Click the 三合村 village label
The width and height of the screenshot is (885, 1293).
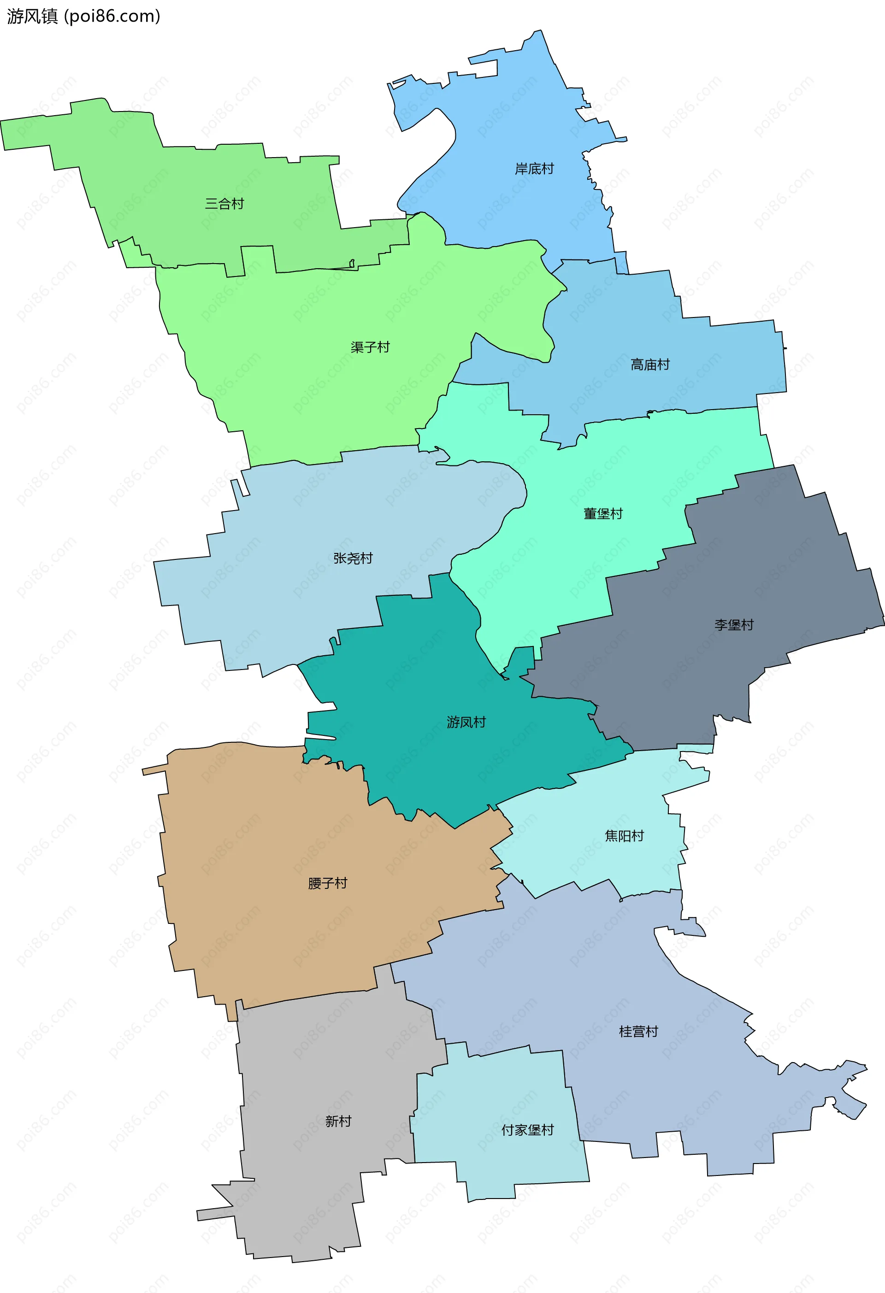point(224,204)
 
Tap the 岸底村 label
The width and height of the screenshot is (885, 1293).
point(534,169)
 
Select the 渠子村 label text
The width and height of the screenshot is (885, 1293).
point(370,347)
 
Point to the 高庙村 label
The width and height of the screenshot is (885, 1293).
point(649,364)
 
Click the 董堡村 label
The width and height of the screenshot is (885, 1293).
point(603,513)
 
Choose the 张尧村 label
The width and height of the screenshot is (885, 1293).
point(353,558)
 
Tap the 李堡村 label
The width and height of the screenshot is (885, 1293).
point(734,625)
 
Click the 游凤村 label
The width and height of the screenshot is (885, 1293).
point(466,722)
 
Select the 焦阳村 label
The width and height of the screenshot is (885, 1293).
point(624,836)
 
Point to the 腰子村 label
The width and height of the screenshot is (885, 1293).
point(327,883)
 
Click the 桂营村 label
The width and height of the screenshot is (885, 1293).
point(638,1032)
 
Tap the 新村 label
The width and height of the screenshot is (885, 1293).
point(338,1121)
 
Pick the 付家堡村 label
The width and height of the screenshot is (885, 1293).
point(527,1129)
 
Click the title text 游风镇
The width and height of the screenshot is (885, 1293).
point(32,16)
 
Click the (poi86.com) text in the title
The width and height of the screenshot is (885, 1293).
point(112,16)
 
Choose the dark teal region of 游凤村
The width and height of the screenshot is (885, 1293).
point(423,679)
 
